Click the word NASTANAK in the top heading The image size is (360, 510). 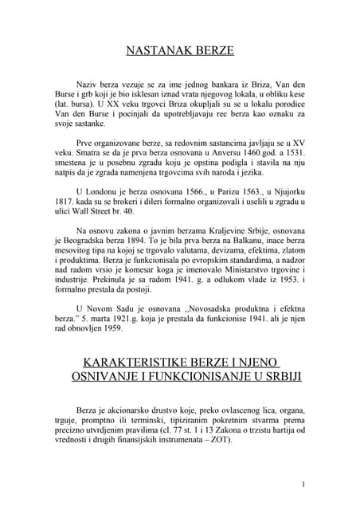point(154,53)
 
